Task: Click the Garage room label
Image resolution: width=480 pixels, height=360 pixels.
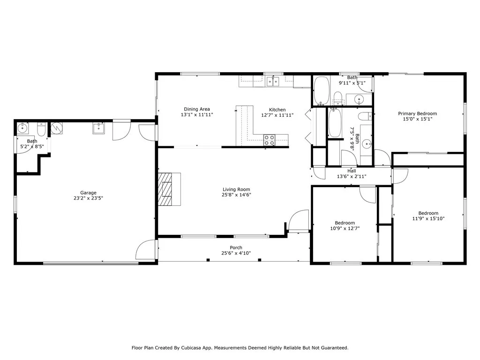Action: [88, 193]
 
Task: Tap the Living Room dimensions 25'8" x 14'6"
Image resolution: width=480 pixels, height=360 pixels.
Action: [236, 195]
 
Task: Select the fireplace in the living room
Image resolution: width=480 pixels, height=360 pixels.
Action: [169, 189]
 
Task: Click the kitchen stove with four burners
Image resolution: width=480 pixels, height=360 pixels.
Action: [269, 140]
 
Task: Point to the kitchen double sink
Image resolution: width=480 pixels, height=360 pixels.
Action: [273, 82]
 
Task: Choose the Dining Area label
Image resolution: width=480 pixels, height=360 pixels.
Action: [197, 109]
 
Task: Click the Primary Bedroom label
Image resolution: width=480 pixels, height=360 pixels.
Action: [417, 113]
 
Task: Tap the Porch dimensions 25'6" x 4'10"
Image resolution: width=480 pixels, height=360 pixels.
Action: [236, 253]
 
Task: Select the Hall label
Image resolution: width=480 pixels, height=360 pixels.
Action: [352, 171]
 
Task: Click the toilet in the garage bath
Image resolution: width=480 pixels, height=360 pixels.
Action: [41, 129]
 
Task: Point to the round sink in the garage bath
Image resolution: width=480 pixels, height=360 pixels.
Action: [22, 127]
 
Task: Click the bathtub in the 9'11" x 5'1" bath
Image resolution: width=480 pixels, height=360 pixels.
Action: [322, 90]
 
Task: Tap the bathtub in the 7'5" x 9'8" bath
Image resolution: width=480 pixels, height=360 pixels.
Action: [335, 122]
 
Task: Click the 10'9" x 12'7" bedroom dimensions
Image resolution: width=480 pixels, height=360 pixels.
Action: [345, 228]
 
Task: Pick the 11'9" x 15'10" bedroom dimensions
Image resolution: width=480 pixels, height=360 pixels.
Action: [428, 218]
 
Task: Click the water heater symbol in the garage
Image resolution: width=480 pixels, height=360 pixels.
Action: [57, 128]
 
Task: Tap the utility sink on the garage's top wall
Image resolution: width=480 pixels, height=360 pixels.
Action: [98, 128]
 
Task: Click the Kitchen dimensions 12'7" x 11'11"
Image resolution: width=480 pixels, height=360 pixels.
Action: [277, 115]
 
